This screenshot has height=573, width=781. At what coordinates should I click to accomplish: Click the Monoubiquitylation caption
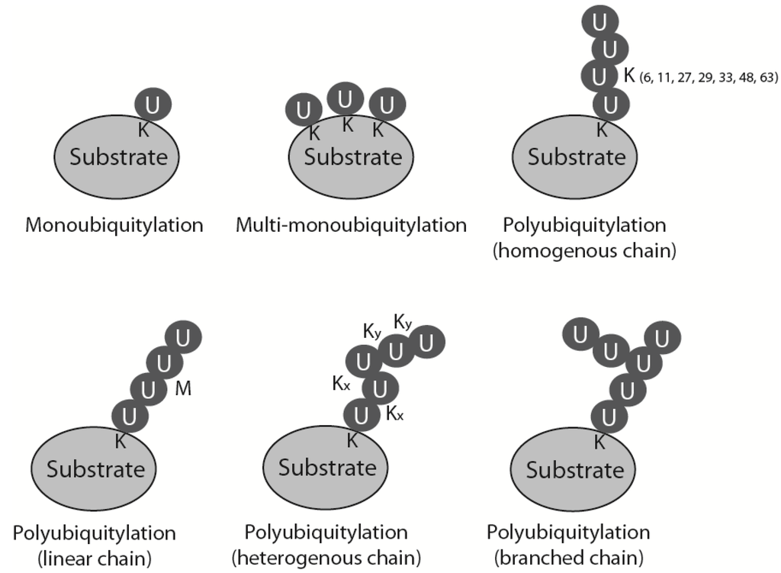pos(114,225)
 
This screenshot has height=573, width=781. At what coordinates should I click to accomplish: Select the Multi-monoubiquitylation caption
pos(351,225)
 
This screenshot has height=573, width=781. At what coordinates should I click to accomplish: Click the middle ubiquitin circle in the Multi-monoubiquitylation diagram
pos(346,98)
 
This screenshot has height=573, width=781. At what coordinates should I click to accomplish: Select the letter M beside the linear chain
pos(183,388)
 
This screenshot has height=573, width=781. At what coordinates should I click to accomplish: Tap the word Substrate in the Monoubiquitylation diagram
pos(118,157)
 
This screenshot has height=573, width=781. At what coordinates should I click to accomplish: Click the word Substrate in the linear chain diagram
pos(95,468)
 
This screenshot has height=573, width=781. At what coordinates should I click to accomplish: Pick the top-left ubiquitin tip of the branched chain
pos(580,333)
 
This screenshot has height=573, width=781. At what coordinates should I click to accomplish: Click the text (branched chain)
pos(568,556)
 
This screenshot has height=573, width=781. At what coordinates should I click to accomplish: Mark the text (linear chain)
pos(95,556)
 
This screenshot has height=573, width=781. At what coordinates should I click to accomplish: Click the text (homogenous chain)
pos(585,250)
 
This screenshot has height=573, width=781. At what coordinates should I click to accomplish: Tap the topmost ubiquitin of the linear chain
pos(182,336)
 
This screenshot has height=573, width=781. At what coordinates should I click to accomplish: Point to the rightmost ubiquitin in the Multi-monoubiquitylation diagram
pos(387,105)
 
